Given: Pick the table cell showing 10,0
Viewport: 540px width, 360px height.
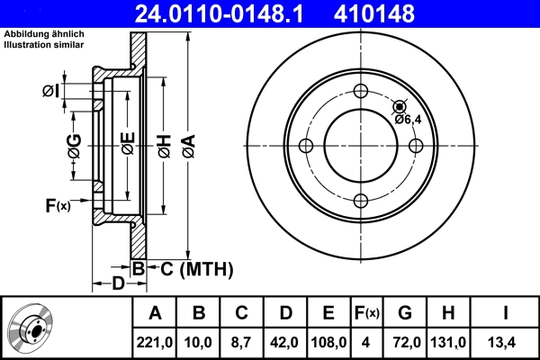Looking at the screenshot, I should [200, 342].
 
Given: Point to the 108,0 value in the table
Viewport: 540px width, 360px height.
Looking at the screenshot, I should [329, 342].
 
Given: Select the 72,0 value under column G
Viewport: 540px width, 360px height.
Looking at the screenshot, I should [405, 342].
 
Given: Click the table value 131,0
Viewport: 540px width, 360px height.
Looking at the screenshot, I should [448, 342].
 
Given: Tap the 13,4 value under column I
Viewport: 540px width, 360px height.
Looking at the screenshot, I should [506, 342].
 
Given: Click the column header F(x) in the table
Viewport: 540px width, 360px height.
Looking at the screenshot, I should [366, 313].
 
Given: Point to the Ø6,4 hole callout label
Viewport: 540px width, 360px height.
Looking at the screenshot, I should [409, 118].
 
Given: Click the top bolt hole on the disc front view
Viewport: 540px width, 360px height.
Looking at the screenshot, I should [360, 91].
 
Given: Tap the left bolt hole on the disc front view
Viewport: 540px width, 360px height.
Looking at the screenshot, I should [304, 146].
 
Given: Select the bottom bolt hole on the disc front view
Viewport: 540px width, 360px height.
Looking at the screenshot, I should [360, 201].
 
